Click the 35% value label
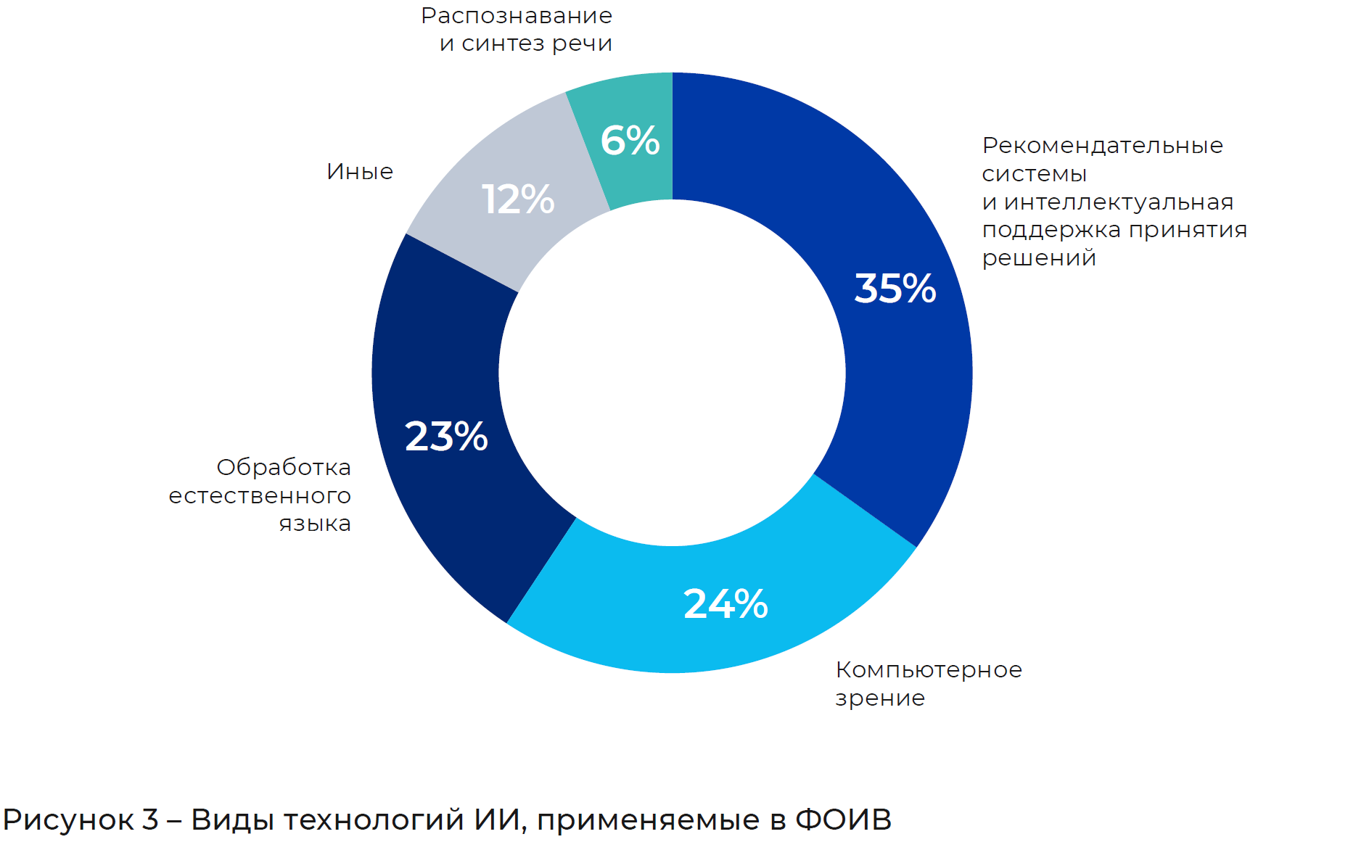(x=895, y=288)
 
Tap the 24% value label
(x=726, y=603)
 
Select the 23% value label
(x=446, y=436)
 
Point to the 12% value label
(x=518, y=199)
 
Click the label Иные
(x=360, y=172)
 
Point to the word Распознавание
(x=517, y=15)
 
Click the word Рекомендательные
(x=1102, y=145)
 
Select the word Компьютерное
(x=929, y=669)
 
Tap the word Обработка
(x=284, y=467)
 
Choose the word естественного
(x=260, y=496)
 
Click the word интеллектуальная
(x=1119, y=202)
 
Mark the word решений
(x=1039, y=258)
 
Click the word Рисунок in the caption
(x=68, y=820)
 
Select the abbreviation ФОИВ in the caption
(x=843, y=820)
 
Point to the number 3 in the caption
(x=150, y=820)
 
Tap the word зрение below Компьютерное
(x=880, y=698)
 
